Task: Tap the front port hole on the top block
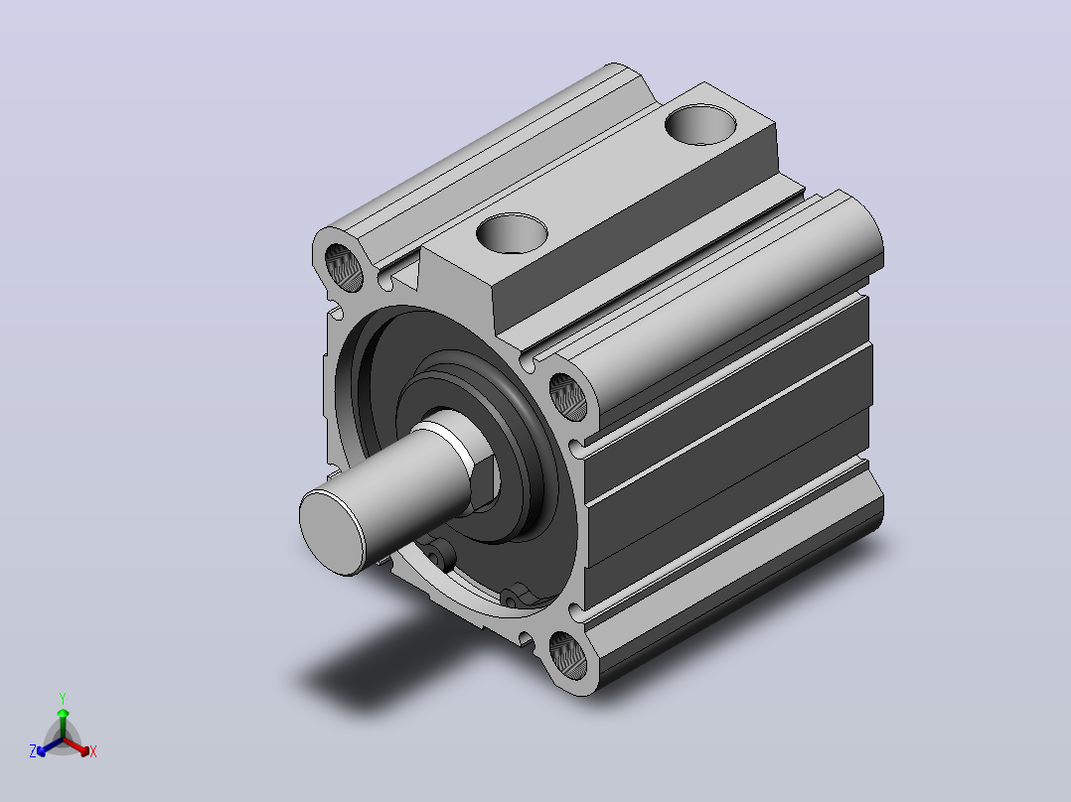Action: click(513, 233)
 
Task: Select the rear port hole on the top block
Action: click(700, 124)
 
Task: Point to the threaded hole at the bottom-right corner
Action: click(568, 655)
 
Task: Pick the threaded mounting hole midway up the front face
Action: click(568, 397)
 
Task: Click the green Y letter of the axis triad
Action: click(63, 699)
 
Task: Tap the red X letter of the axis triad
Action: click(93, 751)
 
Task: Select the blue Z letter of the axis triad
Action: click(32, 751)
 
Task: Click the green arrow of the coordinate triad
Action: click(63, 723)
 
